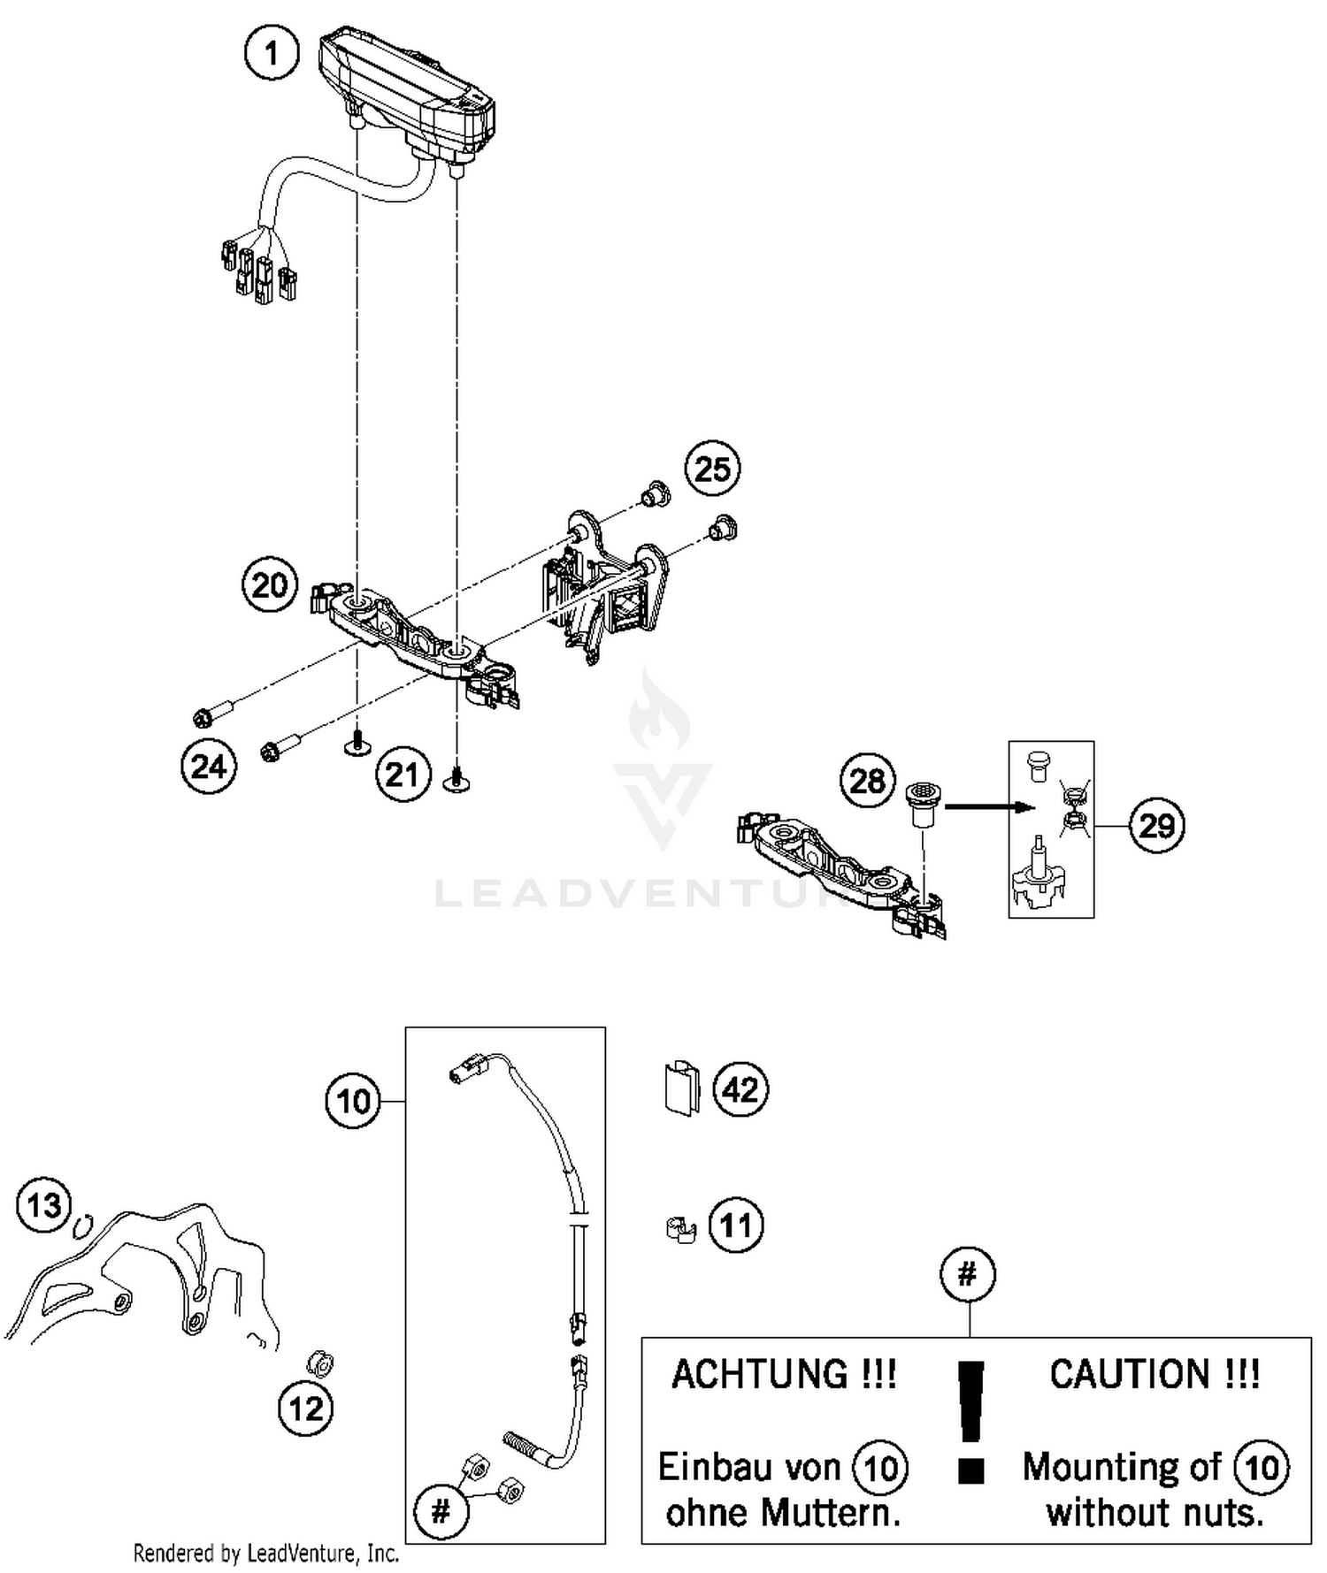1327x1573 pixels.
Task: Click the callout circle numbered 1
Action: pyautogui.click(x=272, y=54)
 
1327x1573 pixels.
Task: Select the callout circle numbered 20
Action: pyautogui.click(x=269, y=585)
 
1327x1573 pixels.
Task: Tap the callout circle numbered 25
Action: pyautogui.click(x=712, y=469)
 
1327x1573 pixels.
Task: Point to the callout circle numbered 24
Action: pyautogui.click(x=209, y=766)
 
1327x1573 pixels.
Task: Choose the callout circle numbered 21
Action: pyautogui.click(x=403, y=775)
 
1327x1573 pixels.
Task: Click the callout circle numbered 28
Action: pyautogui.click(x=867, y=781)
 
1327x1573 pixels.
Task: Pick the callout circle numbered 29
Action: pyautogui.click(x=1156, y=826)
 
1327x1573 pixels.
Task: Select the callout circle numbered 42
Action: pyautogui.click(x=740, y=1089)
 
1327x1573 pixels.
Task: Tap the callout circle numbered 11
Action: pyautogui.click(x=736, y=1226)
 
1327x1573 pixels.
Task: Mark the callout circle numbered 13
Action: pyautogui.click(x=44, y=1204)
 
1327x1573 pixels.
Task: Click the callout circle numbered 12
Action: pyautogui.click(x=306, y=1408)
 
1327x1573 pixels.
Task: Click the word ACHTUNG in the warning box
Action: pyautogui.click(x=784, y=1375)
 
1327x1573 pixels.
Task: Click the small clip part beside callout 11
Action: pyautogui.click(x=680, y=1228)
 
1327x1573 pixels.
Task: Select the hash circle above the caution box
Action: pyautogui.click(x=968, y=1274)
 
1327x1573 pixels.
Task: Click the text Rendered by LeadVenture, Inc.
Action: pyautogui.click(x=266, y=1553)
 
